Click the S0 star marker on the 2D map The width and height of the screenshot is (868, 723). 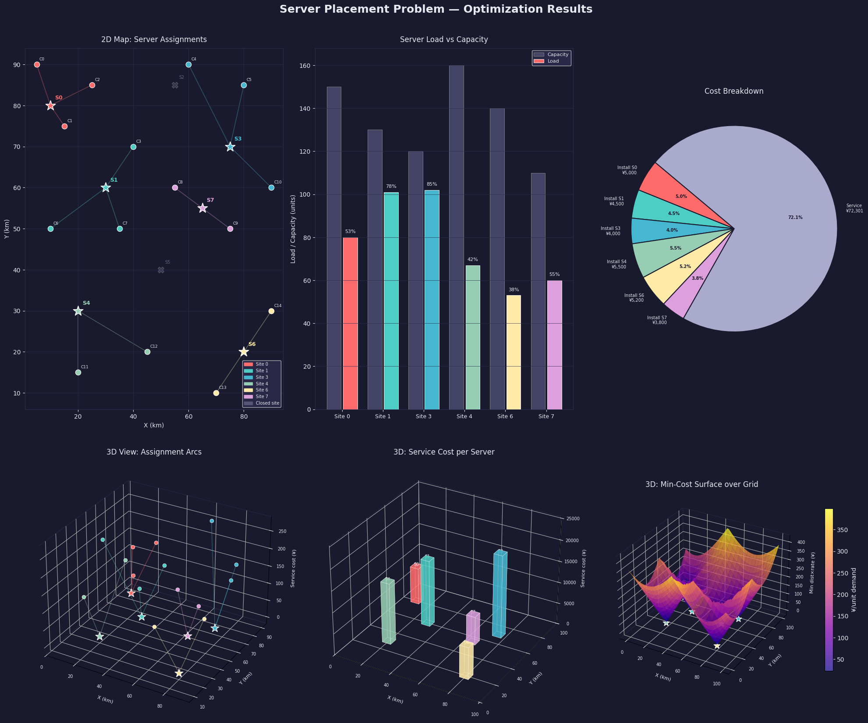[50, 106]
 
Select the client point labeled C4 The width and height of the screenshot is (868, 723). [188, 65]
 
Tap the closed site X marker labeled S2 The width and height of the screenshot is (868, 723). [175, 85]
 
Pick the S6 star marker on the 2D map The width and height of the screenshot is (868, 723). [244, 352]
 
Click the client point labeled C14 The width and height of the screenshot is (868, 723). [271, 311]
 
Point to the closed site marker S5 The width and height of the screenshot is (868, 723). [161, 270]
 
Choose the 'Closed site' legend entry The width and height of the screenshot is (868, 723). [262, 403]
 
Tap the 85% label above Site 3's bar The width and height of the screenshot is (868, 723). [432, 184]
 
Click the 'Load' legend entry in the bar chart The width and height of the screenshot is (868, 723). [553, 61]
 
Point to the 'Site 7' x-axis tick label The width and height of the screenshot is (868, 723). [546, 416]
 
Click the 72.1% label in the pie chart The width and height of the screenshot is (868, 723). [795, 217]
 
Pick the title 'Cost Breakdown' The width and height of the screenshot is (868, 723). [733, 91]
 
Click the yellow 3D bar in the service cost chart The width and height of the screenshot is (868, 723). [466, 660]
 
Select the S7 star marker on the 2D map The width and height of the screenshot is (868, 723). [202, 208]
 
